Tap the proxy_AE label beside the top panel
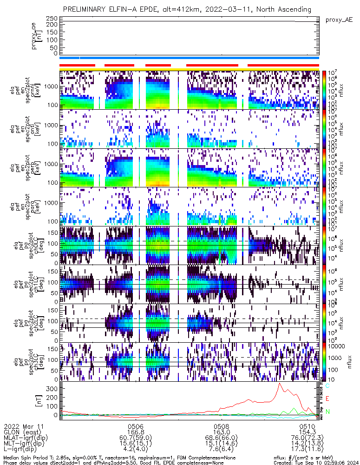[339, 20]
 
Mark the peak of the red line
[280, 384]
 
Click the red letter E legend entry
[327, 399]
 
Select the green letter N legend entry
[327, 412]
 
